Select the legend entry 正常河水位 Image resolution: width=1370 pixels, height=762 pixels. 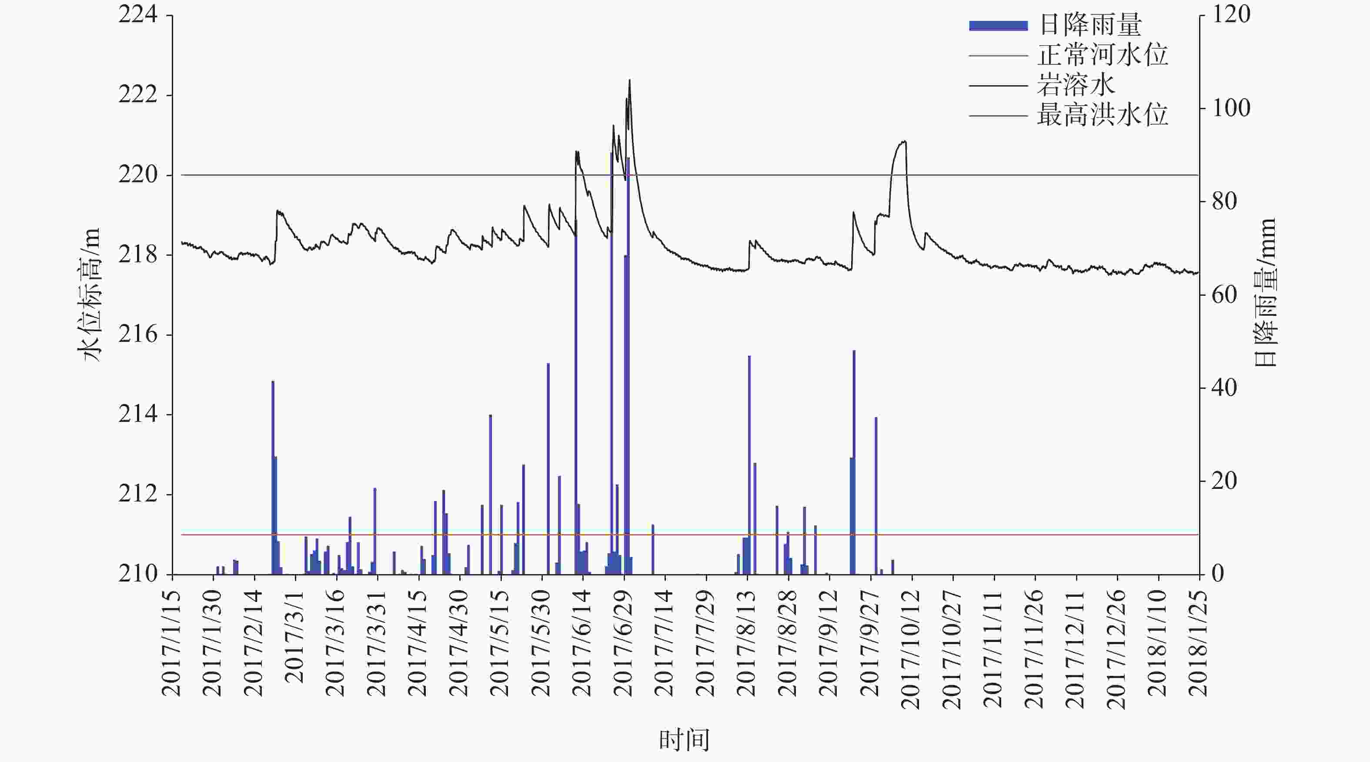pos(1102,55)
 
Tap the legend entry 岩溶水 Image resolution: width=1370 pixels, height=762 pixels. pos(1076,85)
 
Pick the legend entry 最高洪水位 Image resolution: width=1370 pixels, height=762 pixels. pos(1102,115)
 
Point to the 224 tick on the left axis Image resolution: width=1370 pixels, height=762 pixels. pos(138,15)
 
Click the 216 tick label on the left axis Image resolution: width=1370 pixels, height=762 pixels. pos(138,335)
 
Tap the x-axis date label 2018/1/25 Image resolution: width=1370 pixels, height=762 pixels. pos(1198,643)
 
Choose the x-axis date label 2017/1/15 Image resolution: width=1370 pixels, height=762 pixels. pos(171,643)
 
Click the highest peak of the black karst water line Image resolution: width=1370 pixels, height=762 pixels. pos(629,81)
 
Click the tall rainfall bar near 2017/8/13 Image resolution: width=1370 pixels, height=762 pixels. pos(749,463)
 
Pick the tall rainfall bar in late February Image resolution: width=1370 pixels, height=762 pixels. pos(273,476)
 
